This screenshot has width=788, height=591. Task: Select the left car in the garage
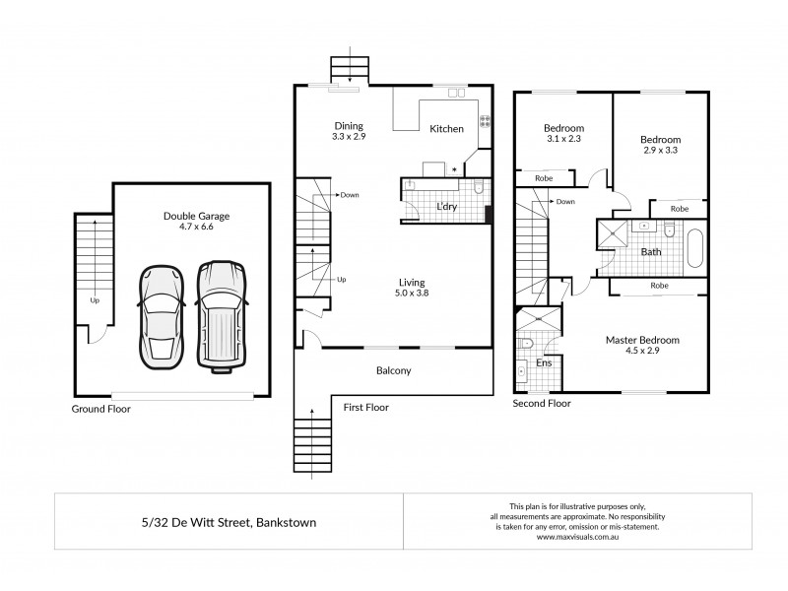(x=162, y=314)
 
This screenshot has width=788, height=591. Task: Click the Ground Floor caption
(x=100, y=408)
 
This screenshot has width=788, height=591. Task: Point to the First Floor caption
(x=365, y=406)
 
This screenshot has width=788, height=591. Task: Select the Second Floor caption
(x=542, y=403)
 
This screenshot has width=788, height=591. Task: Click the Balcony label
(x=393, y=371)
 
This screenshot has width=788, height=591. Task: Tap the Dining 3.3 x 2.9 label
(x=348, y=131)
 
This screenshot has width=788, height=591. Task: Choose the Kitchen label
(x=446, y=129)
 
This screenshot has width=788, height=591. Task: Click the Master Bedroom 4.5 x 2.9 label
(x=642, y=345)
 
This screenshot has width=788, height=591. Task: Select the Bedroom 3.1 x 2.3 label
(x=563, y=134)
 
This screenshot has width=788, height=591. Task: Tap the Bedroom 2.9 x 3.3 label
(x=659, y=145)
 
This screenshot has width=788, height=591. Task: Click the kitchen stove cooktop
(x=485, y=122)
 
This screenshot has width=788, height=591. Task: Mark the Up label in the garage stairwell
(x=95, y=300)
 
